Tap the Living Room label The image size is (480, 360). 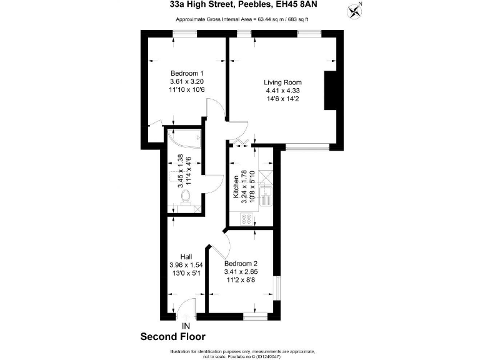coord(282,82)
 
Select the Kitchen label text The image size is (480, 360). coord(236,187)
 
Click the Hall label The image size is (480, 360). coord(186,257)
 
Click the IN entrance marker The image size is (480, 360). coord(185,326)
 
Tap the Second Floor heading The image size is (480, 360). coord(172,337)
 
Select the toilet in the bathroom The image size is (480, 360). coord(186,197)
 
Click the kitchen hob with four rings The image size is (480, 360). coord(247,219)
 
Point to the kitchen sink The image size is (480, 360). coord(265,196)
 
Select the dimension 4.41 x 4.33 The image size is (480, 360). coord(282,91)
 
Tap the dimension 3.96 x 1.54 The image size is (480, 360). coord(186,265)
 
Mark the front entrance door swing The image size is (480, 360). coord(186,307)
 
